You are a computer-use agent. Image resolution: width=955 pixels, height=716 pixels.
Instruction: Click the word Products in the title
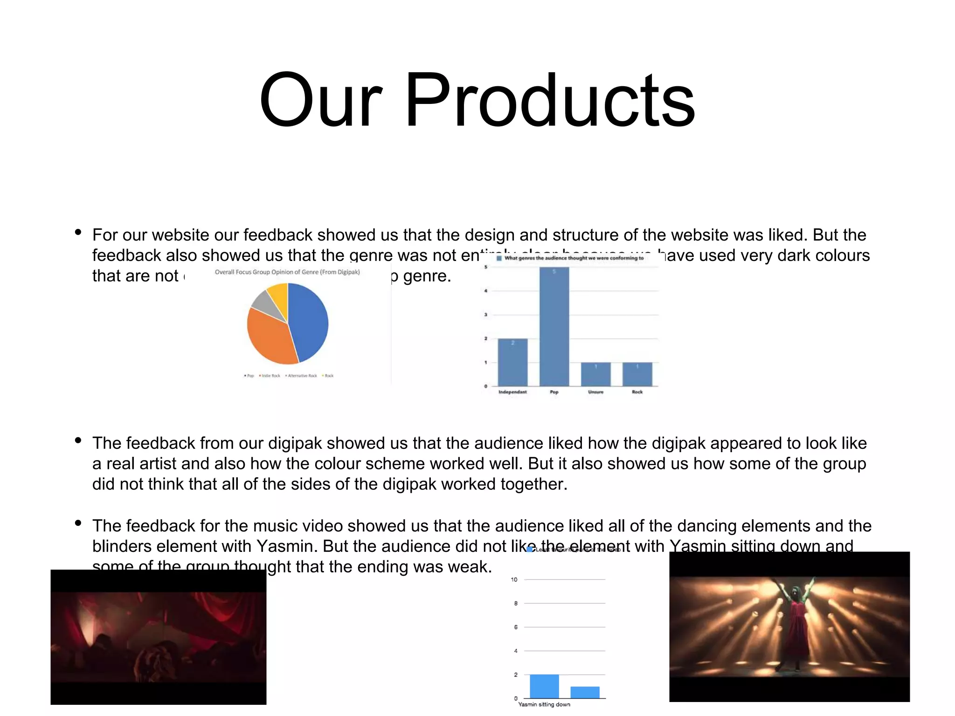click(x=550, y=100)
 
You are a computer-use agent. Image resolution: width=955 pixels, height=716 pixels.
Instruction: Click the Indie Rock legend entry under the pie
click(x=270, y=376)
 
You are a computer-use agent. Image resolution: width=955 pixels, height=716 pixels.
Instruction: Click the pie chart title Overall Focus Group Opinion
click(x=287, y=272)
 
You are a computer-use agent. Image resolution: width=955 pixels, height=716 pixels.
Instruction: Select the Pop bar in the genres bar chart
click(x=554, y=326)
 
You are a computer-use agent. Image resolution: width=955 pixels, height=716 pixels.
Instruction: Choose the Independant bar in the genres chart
click(x=512, y=362)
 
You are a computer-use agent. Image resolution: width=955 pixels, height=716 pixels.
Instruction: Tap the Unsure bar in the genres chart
click(x=595, y=374)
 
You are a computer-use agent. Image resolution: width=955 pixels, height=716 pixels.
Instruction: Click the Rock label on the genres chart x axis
click(x=637, y=392)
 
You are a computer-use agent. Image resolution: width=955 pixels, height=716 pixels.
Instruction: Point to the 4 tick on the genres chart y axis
click(x=486, y=291)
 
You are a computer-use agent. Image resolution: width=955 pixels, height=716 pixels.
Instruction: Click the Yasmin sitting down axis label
click(x=544, y=704)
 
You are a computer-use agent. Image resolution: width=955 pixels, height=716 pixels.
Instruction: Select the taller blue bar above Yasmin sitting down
click(x=544, y=686)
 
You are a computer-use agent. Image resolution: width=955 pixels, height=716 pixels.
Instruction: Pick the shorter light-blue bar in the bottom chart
click(x=585, y=692)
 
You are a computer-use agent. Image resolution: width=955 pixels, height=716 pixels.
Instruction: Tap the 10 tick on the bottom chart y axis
click(x=514, y=579)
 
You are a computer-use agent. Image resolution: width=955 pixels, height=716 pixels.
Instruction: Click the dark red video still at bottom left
click(x=159, y=637)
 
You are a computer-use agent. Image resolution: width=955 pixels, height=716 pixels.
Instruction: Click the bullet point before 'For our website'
click(x=78, y=232)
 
